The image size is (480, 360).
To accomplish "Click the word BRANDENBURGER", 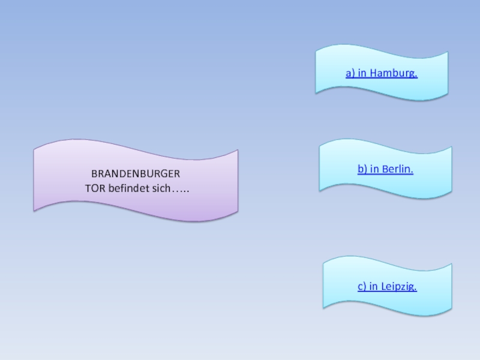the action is pyautogui.click(x=136, y=174).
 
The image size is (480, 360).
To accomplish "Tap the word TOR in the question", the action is pyautogui.click(x=94, y=189).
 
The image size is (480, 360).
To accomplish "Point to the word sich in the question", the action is pyautogui.click(x=160, y=189).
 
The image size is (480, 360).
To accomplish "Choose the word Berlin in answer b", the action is pyautogui.click(x=397, y=170).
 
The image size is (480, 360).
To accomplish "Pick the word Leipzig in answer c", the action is pyautogui.click(x=398, y=287).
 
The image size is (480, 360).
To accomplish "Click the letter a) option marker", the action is pyautogui.click(x=350, y=73).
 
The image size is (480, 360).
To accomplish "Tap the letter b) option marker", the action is pyautogui.click(x=362, y=170).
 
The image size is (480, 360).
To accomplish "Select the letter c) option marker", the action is pyautogui.click(x=362, y=287).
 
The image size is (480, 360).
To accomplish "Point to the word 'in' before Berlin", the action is pyautogui.click(x=374, y=170).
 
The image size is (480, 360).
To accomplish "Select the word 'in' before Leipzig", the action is pyautogui.click(x=373, y=287).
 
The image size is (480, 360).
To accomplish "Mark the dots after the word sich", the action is pyautogui.click(x=181, y=190).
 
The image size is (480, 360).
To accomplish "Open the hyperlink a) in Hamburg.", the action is pyautogui.click(x=382, y=73).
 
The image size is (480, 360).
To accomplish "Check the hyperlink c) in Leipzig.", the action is pyautogui.click(x=387, y=287).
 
